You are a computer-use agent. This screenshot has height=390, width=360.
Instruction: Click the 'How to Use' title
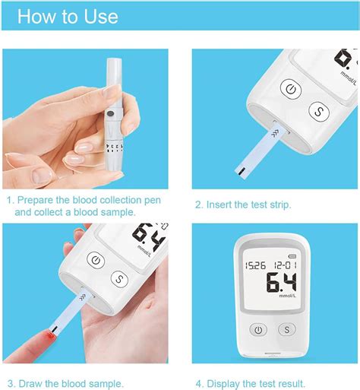click(x=68, y=17)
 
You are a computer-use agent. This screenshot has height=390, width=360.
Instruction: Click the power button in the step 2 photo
click(x=289, y=90)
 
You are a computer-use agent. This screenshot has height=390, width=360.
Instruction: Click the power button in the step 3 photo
click(x=96, y=260)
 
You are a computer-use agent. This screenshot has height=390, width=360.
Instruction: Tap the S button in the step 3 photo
click(x=118, y=279)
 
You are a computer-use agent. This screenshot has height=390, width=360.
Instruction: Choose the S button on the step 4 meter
click(x=286, y=330)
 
